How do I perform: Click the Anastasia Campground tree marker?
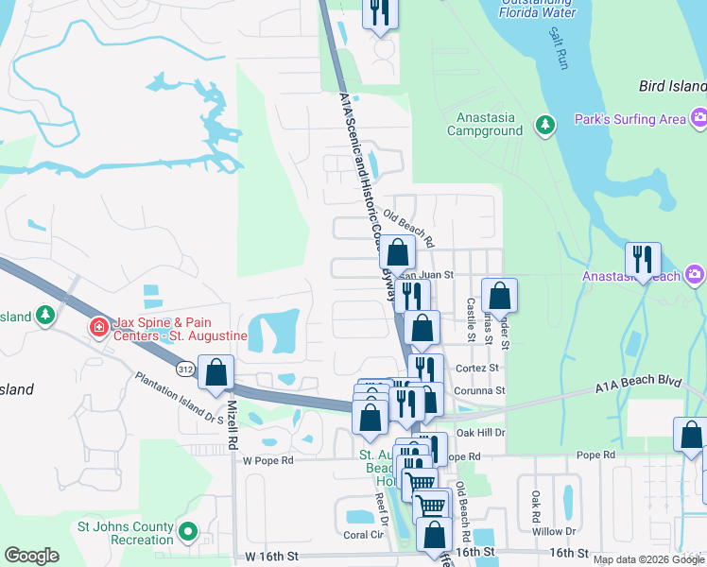pyautogui.click(x=544, y=125)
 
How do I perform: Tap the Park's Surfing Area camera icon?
pyautogui.click(x=698, y=119)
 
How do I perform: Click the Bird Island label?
pyautogui.click(x=672, y=86)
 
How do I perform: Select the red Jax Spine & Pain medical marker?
pyautogui.click(x=98, y=328)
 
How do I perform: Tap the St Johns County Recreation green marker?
pyautogui.click(x=187, y=533)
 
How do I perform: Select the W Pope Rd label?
pyautogui.click(x=269, y=461)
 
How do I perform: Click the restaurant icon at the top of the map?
pyautogui.click(x=380, y=12)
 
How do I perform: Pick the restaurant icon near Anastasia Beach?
pyautogui.click(x=643, y=259)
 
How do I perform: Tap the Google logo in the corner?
pyautogui.click(x=32, y=556)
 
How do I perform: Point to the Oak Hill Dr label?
pyautogui.click(x=481, y=433)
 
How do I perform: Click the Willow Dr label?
pyautogui.click(x=556, y=531)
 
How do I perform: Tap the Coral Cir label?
pyautogui.click(x=361, y=535)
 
